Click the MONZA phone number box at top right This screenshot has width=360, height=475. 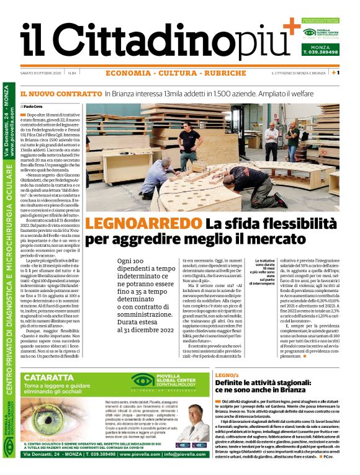pos(320,50)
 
